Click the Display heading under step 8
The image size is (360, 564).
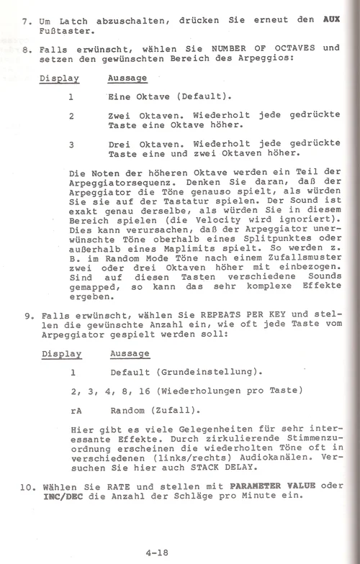pyautogui.click(x=59, y=78)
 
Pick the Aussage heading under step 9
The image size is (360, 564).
pyautogui.click(x=130, y=354)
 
